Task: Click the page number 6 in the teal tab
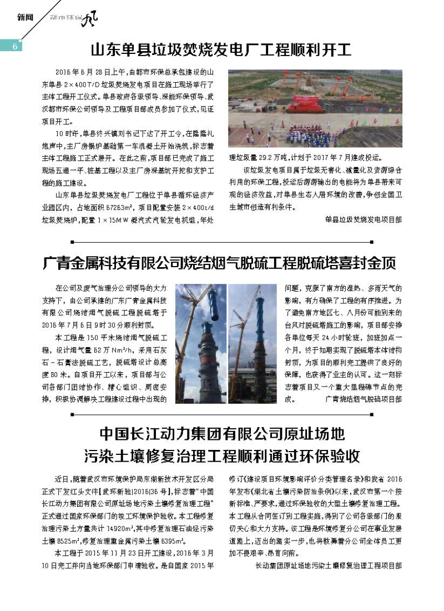tap(15, 46)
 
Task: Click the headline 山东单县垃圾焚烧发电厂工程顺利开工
tap(221, 51)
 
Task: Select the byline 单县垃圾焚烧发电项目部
tap(364, 219)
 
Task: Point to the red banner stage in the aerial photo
tap(302, 102)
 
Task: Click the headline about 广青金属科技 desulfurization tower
tap(220, 264)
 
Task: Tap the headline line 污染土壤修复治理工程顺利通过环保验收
tap(222, 455)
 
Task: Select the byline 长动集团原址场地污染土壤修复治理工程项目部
tap(328, 565)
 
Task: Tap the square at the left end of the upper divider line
tap(73, 242)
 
